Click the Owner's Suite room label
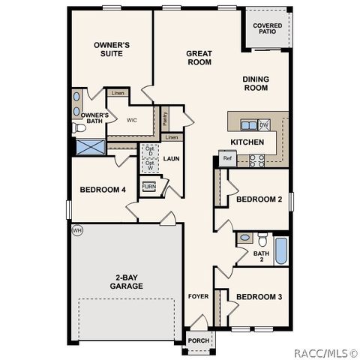point(112,50)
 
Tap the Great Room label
point(199,58)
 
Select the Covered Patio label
point(265,28)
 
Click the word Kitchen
point(247,142)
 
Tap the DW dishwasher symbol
point(264,125)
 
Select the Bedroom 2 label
point(259,199)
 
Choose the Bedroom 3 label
point(259,297)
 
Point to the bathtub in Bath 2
point(280,250)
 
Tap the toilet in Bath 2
point(262,240)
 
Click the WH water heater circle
point(76,230)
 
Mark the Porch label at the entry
point(199,340)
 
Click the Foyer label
point(198,297)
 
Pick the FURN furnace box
point(149,186)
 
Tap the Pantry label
point(164,118)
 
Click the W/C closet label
point(131,120)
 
